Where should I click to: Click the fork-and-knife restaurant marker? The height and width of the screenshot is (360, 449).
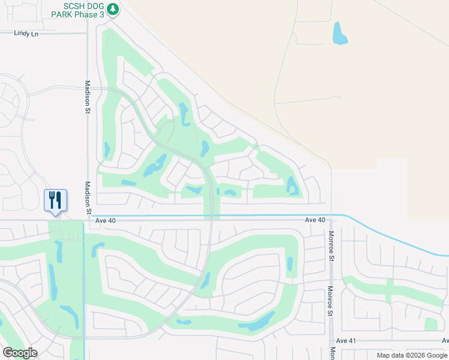[55, 200]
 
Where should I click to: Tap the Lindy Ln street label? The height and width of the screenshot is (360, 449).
[26, 34]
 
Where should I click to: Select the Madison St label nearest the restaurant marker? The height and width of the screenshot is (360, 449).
[88, 197]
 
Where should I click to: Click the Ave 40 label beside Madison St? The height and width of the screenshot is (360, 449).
[105, 221]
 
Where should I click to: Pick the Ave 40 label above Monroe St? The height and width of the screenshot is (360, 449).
[315, 220]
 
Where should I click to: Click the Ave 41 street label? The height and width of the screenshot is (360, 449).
[346, 341]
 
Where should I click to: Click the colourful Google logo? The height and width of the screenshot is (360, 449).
[20, 353]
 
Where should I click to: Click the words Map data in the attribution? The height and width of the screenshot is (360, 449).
[390, 355]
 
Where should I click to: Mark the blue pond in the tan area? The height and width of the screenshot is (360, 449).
[340, 34]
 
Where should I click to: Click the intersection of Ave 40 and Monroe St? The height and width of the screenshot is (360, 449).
[330, 220]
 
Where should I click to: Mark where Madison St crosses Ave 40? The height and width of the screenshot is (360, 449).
[88, 220]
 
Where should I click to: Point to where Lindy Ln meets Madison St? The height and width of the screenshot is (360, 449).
[88, 33]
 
